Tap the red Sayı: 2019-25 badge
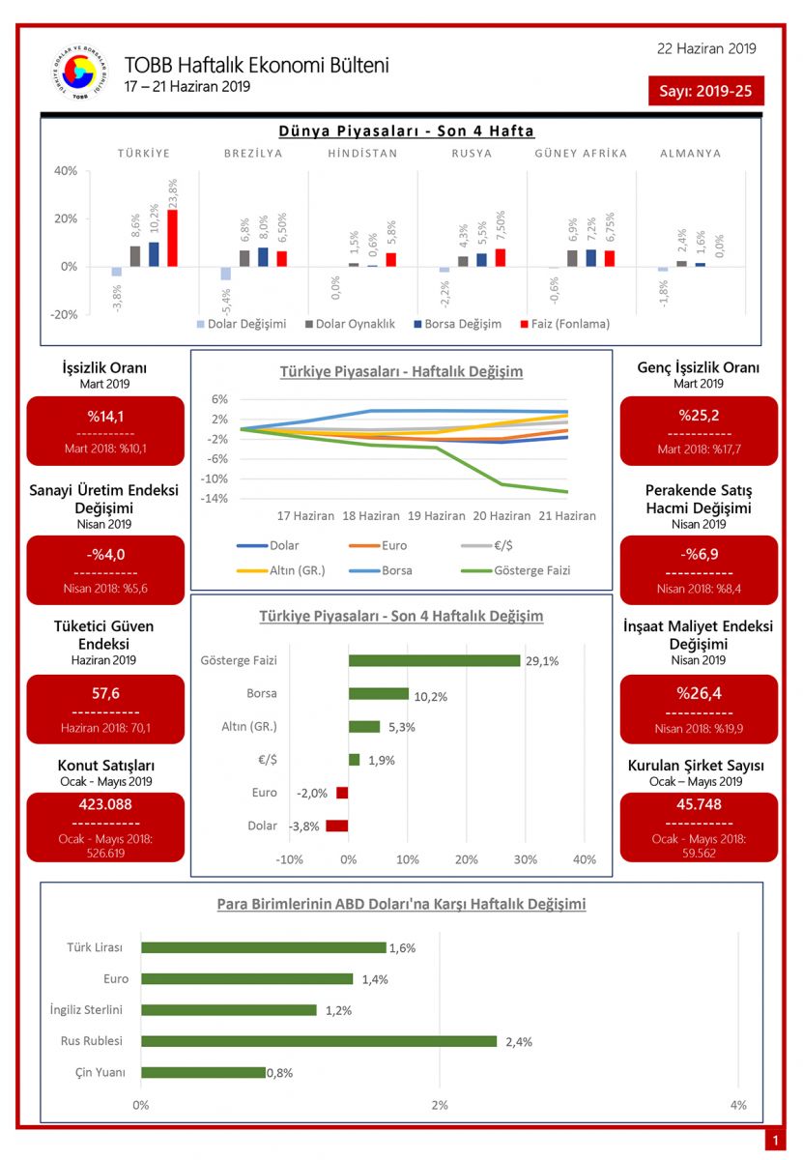[706, 92]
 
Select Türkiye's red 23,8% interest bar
[172, 238]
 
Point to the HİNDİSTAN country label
[362, 154]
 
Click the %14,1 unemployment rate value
[105, 417]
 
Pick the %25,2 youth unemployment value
[699, 417]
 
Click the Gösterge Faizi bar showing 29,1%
[434, 660]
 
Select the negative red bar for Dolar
[336, 826]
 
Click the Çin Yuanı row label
[101, 1072]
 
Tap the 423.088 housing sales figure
[105, 804]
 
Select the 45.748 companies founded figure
[699, 804]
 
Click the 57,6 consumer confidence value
[105, 693]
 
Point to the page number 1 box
[774, 1141]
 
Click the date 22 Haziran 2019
[706, 48]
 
